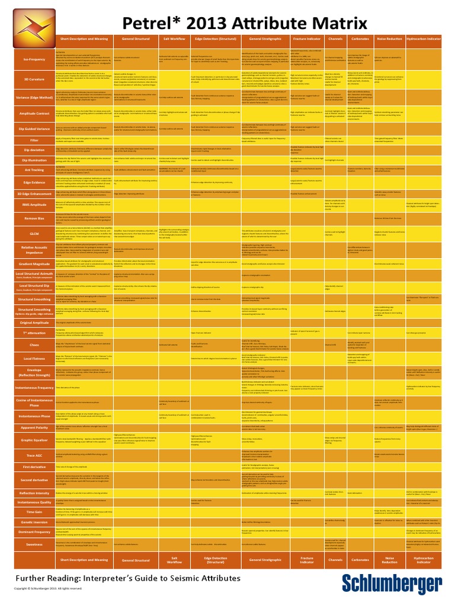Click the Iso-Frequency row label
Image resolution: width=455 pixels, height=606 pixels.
pyautogui.click(x=34, y=59)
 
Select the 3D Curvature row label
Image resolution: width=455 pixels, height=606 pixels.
pyautogui.click(x=34, y=78)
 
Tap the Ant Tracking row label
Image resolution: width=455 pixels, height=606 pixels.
pyautogui.click(x=34, y=169)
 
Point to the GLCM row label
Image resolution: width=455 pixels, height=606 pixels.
pyautogui.click(x=34, y=233)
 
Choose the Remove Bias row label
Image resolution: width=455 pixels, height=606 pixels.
pyautogui.click(x=34, y=217)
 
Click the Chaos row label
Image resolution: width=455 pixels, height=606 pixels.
pyautogui.click(x=34, y=344)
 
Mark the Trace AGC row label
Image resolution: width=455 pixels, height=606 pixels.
pyautogui.click(x=34, y=455)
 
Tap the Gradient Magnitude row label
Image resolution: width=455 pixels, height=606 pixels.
pyautogui.click(x=34, y=264)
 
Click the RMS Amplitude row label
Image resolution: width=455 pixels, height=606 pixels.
pyautogui.click(x=34, y=205)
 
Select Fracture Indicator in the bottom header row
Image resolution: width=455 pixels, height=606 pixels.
pyautogui.click(x=306, y=560)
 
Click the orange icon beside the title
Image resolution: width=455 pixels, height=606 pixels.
pyautogui.click(x=34, y=25)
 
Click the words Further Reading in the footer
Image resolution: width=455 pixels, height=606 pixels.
pyautogui.click(x=45, y=578)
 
